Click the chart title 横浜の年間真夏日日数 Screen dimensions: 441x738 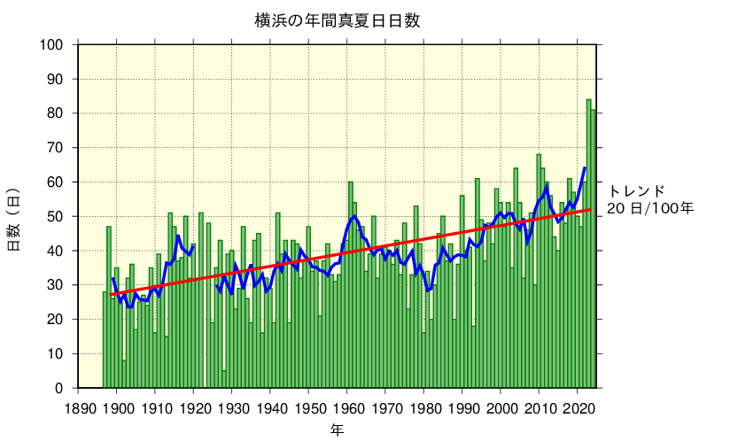point(337,20)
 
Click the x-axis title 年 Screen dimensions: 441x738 point(337,430)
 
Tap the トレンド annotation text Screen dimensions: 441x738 point(636,191)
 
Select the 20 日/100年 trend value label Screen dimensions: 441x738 point(649,209)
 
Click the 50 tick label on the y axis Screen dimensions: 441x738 point(56,217)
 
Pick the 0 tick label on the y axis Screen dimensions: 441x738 point(59,389)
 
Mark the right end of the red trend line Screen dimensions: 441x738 point(591,210)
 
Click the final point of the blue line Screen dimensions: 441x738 point(585,167)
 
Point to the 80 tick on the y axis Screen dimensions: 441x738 point(56,113)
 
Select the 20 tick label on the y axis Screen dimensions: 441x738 point(56,320)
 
